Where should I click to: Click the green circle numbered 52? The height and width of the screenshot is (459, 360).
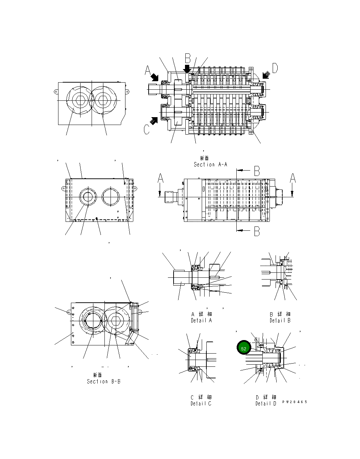coord(243,348)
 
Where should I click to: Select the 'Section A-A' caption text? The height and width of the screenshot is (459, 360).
coord(210,165)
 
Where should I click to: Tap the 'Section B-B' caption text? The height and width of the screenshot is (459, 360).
coord(103,381)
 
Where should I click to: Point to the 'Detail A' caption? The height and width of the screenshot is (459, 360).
coord(201,320)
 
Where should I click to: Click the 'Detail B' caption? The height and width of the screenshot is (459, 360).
coord(280,320)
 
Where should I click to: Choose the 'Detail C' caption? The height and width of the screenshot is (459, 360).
coord(201,403)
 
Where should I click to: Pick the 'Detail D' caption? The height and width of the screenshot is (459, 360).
coord(266,403)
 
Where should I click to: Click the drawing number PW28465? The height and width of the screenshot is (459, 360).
coord(294,402)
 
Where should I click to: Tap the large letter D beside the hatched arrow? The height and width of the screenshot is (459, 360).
coord(275,68)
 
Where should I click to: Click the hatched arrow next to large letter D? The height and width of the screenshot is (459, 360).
coord(266,75)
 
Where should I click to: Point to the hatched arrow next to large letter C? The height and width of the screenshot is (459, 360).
coord(154,120)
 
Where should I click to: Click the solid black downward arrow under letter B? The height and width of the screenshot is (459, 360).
coord(187,69)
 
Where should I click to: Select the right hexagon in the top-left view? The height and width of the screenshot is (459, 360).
coord(103,100)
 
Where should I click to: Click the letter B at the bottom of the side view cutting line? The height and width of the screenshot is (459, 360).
coord(257,232)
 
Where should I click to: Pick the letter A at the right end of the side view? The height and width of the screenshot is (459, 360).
coord(293,178)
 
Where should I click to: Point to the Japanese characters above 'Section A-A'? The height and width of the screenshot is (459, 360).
coord(204,158)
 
